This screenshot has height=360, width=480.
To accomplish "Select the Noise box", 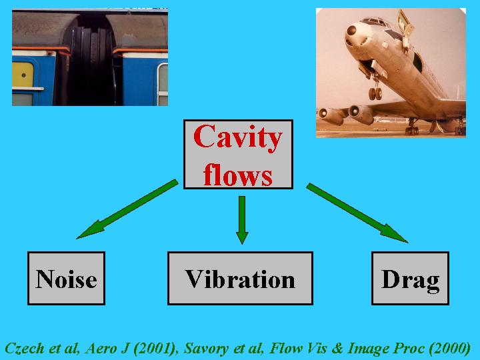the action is [x=67, y=278].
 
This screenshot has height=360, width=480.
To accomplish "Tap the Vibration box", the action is [x=240, y=278].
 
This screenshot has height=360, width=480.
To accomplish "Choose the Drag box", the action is [x=410, y=278].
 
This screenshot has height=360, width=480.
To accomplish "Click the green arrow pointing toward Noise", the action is [x=127, y=209].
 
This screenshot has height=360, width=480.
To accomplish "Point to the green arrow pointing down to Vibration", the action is [x=242, y=220].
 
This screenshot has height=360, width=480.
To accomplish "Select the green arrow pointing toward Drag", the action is [x=357, y=213].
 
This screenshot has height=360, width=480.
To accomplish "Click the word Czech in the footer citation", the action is [x=25, y=349].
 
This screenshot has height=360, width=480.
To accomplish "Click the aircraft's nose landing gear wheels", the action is [x=375, y=93].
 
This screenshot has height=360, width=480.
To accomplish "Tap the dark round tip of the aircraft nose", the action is [x=352, y=30].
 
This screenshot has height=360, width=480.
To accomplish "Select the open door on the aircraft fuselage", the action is [x=405, y=29].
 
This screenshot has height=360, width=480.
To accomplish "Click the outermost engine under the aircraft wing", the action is [x=331, y=116].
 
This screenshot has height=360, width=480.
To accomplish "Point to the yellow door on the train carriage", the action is [x=23, y=75].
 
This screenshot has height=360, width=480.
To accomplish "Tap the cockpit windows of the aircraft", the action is [x=374, y=21].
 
